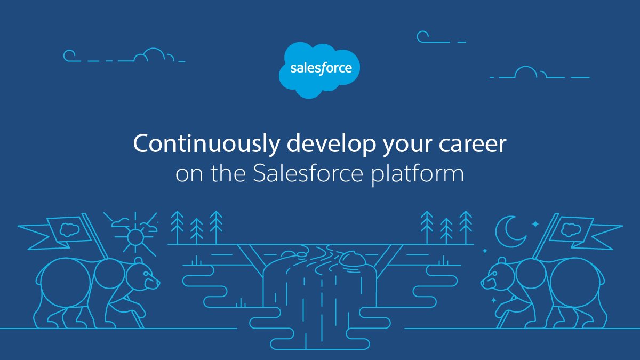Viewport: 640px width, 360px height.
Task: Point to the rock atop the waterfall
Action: [x=353, y=258]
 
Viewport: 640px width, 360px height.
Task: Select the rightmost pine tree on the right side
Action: [x=466, y=227]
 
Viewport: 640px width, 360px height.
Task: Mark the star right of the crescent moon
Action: [x=535, y=225]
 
